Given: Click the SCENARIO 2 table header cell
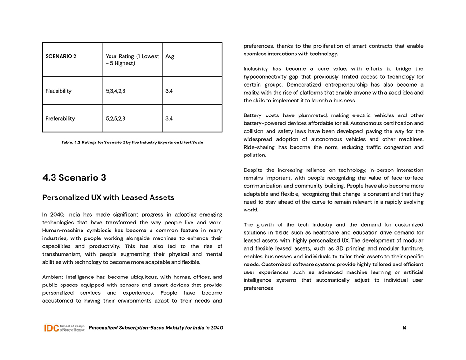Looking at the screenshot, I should (61, 56).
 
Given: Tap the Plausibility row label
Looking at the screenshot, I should (58, 91).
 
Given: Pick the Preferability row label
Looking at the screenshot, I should (60, 118).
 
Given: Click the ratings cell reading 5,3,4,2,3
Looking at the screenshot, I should (116, 91).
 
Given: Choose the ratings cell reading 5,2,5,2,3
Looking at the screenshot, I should (116, 118).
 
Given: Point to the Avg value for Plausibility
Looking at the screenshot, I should (169, 91).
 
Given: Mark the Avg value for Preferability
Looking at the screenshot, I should (169, 118).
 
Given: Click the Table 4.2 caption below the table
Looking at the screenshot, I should (132, 142).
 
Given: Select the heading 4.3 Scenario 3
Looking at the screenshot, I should (74, 177).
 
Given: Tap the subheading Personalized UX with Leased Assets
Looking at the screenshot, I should (108, 197).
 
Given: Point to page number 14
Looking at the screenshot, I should (404, 328).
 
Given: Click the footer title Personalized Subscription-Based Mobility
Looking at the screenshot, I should (156, 328).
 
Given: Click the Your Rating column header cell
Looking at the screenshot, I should (132, 60).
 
